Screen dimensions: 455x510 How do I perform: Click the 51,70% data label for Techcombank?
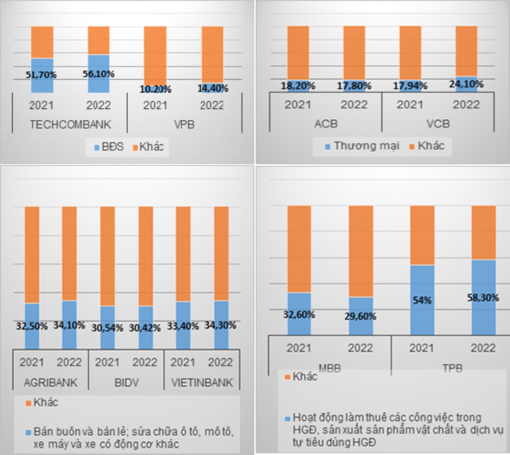[x=41, y=75]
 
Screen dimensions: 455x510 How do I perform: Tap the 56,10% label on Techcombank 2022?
[x=98, y=74]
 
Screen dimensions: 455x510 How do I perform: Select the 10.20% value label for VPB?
[x=156, y=89]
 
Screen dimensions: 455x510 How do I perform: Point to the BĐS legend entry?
[x=109, y=147]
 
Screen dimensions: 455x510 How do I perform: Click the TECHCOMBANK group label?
[x=70, y=124]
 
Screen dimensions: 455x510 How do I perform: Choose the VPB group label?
[x=184, y=124]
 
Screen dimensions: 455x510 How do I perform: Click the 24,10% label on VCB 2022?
[x=466, y=84]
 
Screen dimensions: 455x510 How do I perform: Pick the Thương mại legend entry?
[x=362, y=146]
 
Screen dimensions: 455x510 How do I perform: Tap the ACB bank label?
[x=326, y=124]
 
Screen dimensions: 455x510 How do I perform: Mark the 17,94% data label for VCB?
[x=410, y=86]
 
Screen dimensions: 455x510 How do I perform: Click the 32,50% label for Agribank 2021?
[x=32, y=326]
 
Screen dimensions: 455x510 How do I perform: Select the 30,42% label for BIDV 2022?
[x=145, y=328]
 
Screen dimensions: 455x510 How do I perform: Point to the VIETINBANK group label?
[x=202, y=382]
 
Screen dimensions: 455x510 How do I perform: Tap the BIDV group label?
[x=126, y=382]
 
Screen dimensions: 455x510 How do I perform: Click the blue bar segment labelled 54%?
[x=422, y=306]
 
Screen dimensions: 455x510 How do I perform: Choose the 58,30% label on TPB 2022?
[x=483, y=298]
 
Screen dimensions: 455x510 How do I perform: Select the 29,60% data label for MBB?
[x=360, y=317]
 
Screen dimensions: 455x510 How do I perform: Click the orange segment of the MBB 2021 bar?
[x=299, y=249]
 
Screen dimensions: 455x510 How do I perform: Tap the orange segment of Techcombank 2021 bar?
[x=42, y=42]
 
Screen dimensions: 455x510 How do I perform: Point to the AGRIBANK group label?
[x=51, y=382]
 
